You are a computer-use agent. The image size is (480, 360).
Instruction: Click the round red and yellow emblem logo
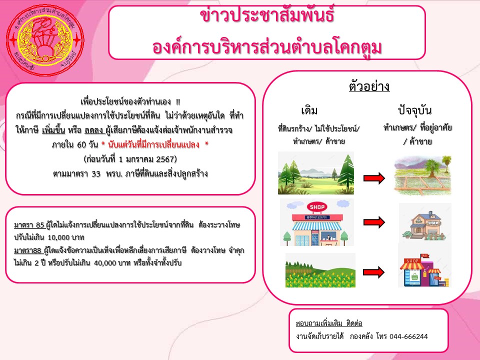tap(45, 40)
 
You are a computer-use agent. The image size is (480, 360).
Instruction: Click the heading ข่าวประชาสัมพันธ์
tap(267, 15)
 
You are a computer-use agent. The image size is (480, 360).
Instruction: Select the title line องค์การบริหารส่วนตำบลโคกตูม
tap(267, 48)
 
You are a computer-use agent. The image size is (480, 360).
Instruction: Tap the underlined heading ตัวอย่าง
tap(369, 86)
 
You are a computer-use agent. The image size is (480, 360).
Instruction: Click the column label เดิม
tap(309, 110)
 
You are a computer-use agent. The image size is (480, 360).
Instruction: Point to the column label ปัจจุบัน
tap(415, 110)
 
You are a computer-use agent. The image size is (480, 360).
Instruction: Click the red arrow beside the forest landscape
tap(374, 178)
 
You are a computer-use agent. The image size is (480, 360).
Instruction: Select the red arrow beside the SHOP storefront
tap(374, 222)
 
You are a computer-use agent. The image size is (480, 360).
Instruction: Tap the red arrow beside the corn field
tap(374, 272)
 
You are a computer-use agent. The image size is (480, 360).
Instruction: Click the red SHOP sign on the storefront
tap(317, 207)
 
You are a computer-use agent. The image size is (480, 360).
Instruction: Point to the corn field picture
tap(320, 270)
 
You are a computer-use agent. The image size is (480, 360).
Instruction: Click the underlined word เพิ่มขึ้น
tap(53, 130)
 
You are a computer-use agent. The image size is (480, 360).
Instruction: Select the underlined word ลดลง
tap(93, 130)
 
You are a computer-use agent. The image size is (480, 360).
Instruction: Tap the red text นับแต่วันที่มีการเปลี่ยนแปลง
tap(153, 144)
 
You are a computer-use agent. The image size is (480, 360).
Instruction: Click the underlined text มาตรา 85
tap(29, 225)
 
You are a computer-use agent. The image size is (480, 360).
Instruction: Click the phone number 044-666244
tap(408, 336)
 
